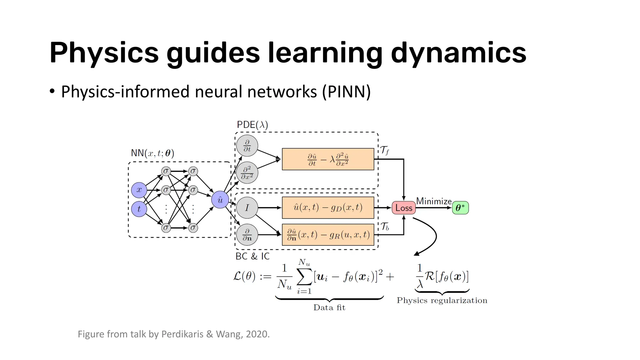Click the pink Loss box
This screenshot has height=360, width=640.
coord(403,208)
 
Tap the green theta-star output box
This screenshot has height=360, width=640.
coord(460,208)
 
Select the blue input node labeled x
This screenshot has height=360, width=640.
coord(139,190)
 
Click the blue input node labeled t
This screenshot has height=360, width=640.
coord(139,209)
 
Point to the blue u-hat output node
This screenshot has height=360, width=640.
coord(220,200)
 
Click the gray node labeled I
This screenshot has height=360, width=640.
coord(247,208)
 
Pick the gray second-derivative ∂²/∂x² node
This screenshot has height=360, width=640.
coord(247,172)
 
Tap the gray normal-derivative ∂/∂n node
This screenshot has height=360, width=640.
coord(247,235)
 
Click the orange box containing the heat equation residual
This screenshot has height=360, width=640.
coord(328,159)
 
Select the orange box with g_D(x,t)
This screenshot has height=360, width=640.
coord(328,207)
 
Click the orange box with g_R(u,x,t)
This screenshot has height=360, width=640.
coord(328,235)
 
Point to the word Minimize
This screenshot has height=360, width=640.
coord(434,201)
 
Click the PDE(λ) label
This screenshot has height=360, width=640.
coord(252,125)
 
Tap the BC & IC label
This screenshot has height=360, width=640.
coord(252,256)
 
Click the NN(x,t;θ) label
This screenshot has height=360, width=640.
coord(152,153)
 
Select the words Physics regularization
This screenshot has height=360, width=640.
coord(442,300)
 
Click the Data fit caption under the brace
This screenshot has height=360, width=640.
coord(329,307)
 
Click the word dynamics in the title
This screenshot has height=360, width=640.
coord(458,52)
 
